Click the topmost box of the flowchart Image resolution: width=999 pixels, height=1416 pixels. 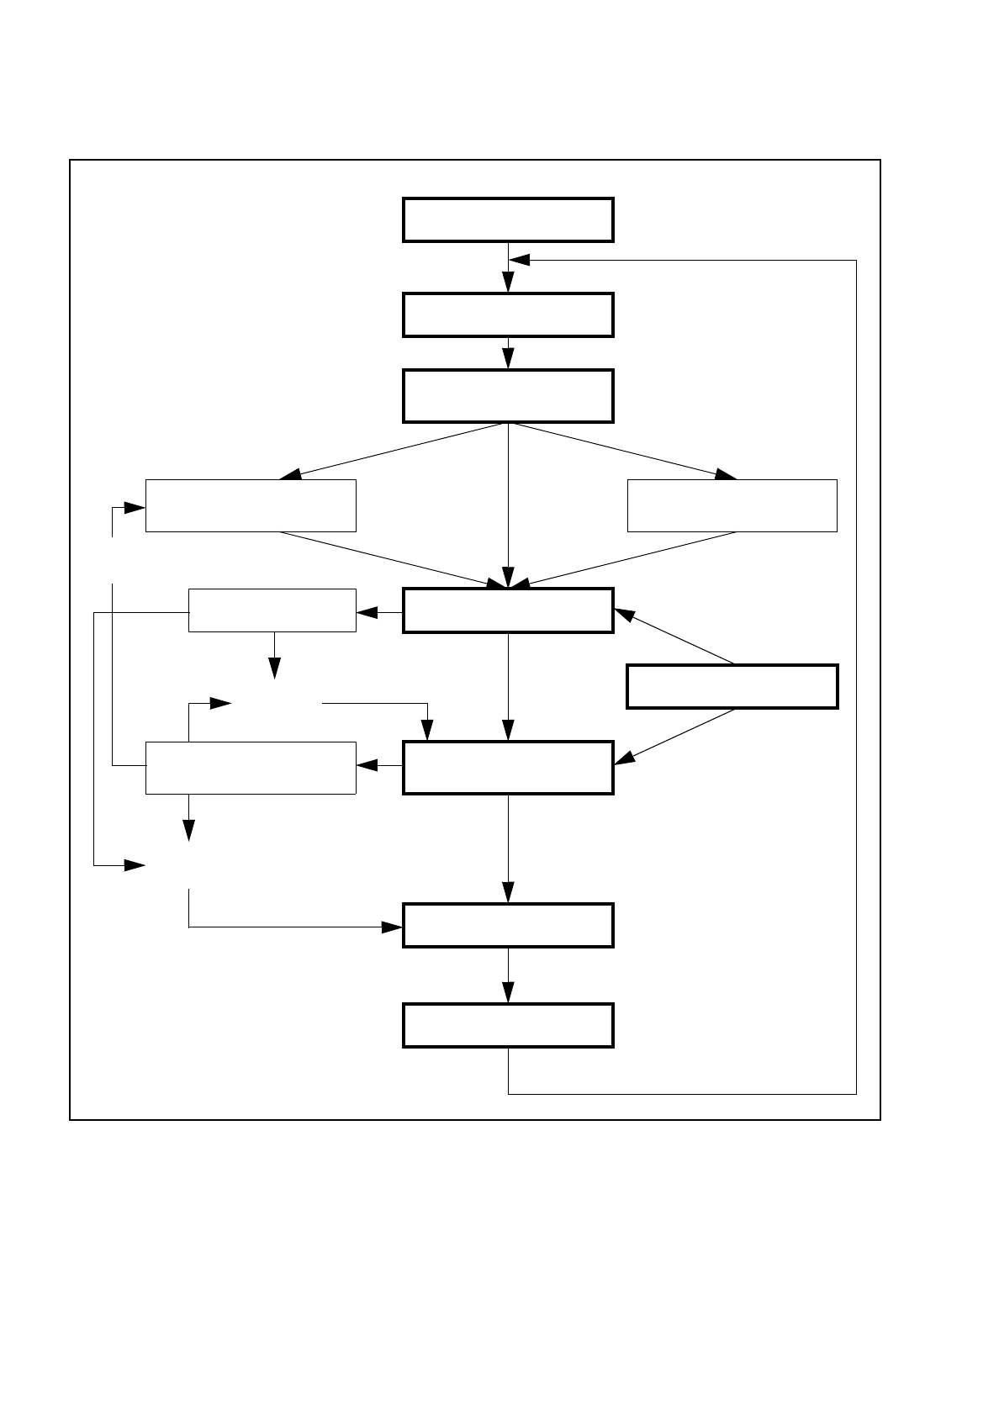coord(508,220)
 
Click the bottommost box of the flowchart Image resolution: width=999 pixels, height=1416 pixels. coord(508,1025)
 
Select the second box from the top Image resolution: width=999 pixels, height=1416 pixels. coord(508,315)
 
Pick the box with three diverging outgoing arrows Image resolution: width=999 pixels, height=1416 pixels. coord(508,395)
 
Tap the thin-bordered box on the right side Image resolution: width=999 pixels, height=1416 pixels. coord(732,505)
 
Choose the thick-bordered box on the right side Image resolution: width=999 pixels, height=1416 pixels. coord(732,686)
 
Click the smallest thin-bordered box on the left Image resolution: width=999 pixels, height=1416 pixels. coord(272,610)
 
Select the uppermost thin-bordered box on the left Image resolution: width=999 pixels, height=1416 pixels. coord(251,505)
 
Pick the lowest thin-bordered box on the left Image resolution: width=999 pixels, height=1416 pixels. coord(251,768)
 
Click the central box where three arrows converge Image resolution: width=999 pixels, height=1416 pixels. coord(508,610)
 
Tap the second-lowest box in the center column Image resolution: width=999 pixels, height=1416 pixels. coord(508,925)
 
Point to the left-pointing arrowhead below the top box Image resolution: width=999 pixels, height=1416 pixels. coord(520,260)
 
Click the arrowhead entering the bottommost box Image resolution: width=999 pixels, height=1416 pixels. coord(508,992)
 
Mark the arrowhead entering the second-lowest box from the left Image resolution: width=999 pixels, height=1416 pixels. coord(392,927)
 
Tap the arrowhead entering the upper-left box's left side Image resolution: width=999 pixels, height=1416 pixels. coord(135,508)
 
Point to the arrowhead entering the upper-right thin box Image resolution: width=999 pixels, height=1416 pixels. coord(725,474)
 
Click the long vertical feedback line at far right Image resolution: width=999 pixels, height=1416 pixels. coord(856,673)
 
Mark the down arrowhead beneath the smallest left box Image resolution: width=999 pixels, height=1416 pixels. coord(274,668)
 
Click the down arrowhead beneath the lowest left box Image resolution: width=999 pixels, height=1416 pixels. coord(188,830)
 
